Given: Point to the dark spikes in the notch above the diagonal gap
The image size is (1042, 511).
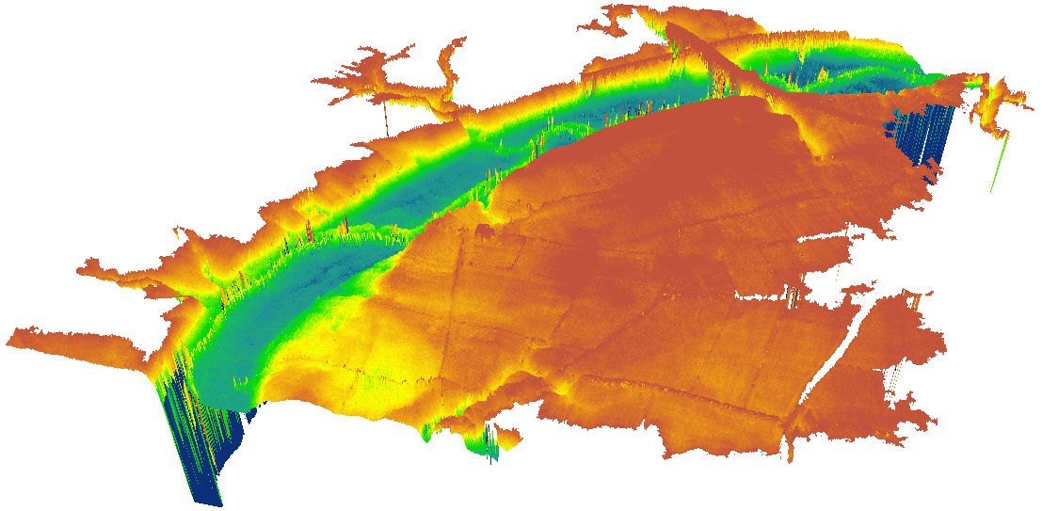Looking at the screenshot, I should pyautogui.click(x=793, y=297).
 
